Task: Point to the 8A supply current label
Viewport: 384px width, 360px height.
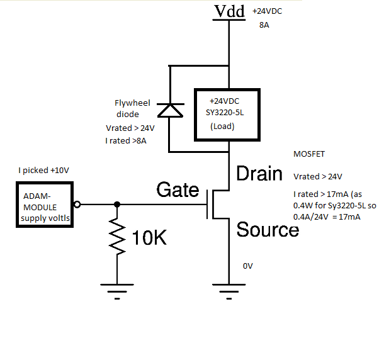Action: [x=264, y=25]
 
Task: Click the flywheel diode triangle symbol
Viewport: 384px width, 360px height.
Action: [x=169, y=110]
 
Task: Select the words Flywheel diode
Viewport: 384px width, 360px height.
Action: [x=128, y=108]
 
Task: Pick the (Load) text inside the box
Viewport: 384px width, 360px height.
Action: [x=223, y=126]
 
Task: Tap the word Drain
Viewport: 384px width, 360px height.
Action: [x=259, y=174]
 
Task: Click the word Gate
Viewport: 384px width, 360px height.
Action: [x=178, y=190]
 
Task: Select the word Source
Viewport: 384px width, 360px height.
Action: [x=268, y=230]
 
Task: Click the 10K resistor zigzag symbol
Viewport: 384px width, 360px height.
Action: [x=116, y=238]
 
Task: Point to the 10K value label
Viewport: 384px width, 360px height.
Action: [x=149, y=238]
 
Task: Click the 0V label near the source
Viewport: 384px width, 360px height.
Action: [x=248, y=266]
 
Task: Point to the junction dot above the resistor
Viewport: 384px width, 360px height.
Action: [x=116, y=205]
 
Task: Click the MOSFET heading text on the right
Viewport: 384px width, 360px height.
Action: [x=309, y=154]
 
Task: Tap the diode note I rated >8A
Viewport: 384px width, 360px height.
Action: [x=126, y=142]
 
